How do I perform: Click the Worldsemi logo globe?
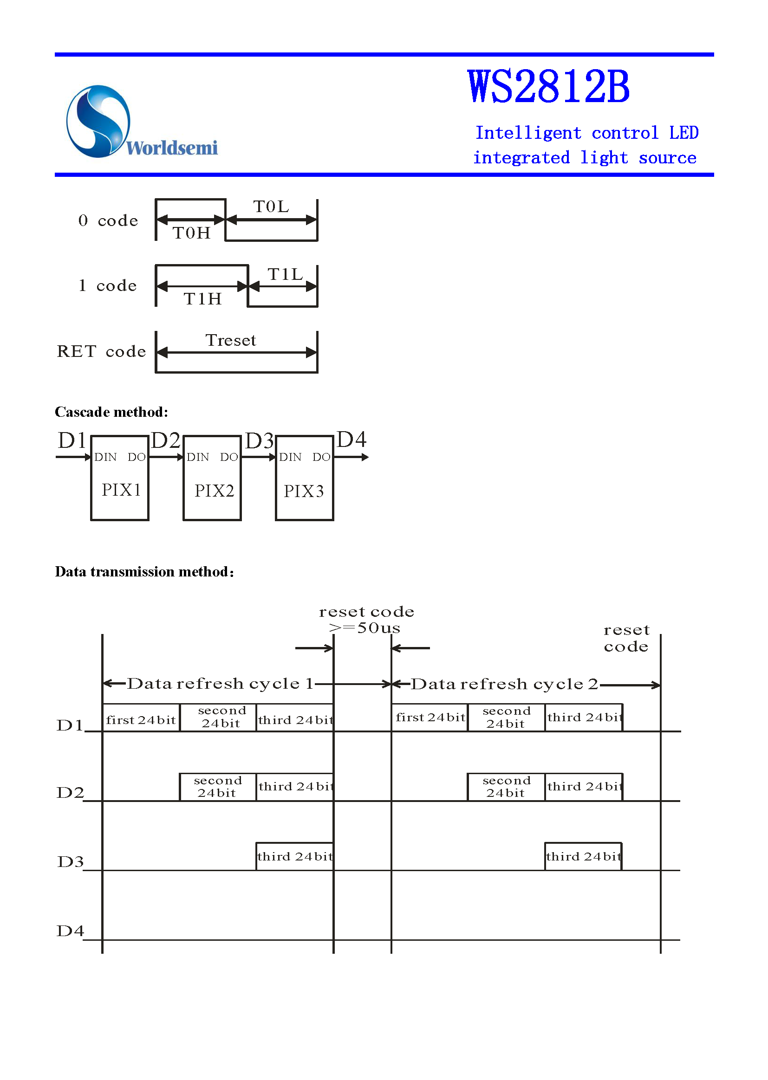[98, 121]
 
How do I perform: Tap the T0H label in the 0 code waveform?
[191, 233]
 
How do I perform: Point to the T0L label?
[271, 207]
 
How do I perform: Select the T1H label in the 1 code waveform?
[202, 299]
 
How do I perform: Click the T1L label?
[285, 274]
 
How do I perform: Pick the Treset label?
[231, 340]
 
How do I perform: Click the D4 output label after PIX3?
[351, 440]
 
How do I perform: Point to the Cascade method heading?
[111, 412]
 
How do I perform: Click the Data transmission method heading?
[145, 572]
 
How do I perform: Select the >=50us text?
[364, 627]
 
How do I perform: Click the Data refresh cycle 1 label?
[221, 684]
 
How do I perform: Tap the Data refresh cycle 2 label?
[504, 685]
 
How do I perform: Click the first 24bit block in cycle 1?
[141, 719]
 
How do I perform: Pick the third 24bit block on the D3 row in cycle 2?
[583, 856]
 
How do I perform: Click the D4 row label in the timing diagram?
[70, 931]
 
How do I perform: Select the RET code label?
[101, 352]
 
